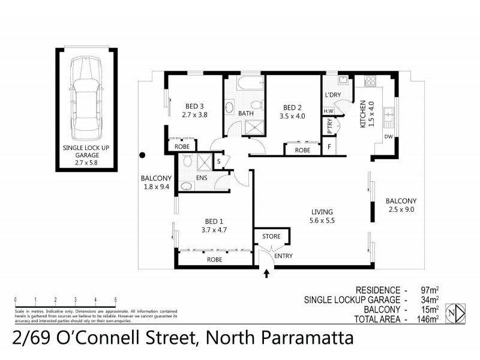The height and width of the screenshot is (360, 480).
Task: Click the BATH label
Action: click(x=246, y=113)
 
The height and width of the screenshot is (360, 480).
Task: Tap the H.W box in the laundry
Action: click(x=329, y=111)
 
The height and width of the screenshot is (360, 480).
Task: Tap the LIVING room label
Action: click(x=322, y=212)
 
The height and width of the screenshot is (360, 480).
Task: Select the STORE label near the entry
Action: click(x=271, y=236)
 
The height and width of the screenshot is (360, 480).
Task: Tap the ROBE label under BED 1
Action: click(x=214, y=260)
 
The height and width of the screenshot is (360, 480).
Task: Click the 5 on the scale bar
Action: click(x=115, y=299)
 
